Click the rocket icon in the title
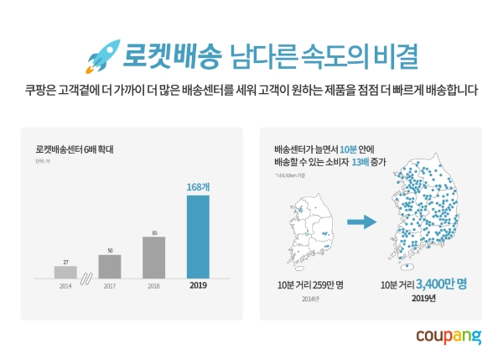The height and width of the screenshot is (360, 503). point(101,54)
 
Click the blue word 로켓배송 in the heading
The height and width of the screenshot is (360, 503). point(172,55)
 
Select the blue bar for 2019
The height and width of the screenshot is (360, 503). point(197,240)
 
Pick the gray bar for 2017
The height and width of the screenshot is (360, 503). point(110,266)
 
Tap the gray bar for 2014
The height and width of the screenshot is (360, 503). point(65,272)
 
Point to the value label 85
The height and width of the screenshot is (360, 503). point(153,232)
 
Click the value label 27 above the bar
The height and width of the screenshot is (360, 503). point(65,262)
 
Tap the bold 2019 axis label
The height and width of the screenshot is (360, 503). point(197,286)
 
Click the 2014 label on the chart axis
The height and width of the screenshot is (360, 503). point(65,286)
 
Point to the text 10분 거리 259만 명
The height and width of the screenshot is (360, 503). point(309,284)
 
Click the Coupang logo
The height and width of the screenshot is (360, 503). point(449,337)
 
